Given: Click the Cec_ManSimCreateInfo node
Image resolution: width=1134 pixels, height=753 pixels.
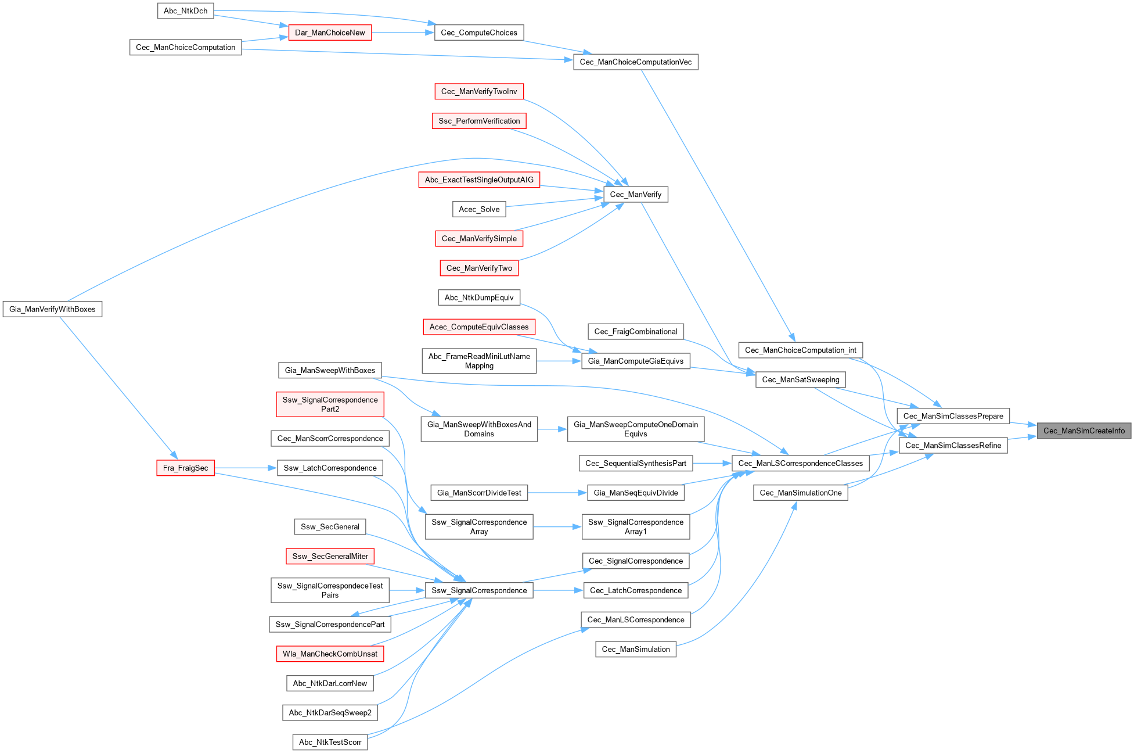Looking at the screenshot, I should (x=1083, y=431).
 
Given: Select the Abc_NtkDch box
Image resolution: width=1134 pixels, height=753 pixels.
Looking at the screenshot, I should (x=185, y=11).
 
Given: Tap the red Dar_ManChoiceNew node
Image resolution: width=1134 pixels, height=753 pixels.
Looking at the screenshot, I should (x=330, y=33).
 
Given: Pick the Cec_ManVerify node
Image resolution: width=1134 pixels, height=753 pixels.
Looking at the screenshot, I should (x=635, y=195).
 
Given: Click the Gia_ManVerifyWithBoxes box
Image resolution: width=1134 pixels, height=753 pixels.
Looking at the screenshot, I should (x=52, y=309).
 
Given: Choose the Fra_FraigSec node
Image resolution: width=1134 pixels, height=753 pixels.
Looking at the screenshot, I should (x=185, y=468).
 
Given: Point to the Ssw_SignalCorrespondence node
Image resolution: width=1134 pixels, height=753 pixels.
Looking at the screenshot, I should (x=479, y=590).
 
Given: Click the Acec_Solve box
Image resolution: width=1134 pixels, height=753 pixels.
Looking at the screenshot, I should (x=479, y=209).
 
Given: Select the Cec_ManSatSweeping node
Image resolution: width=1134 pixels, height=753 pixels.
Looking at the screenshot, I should (x=800, y=379).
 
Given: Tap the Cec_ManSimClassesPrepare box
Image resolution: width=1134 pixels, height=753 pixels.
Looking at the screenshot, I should (x=953, y=416).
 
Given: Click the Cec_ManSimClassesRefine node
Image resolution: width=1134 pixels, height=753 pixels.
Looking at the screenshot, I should (x=953, y=446).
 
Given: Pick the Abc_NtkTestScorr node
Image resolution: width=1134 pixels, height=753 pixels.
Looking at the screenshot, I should (x=330, y=742).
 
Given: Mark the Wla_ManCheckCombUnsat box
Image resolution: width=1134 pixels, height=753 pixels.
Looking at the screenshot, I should (x=330, y=654).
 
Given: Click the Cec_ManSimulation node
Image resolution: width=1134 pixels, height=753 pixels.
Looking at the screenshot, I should (x=635, y=649).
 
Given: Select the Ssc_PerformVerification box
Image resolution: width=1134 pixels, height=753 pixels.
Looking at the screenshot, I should (x=479, y=121).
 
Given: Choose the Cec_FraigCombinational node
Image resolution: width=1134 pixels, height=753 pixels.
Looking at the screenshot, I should (x=635, y=332).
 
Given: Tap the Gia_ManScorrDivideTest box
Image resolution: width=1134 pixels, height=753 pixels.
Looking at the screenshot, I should (x=479, y=493).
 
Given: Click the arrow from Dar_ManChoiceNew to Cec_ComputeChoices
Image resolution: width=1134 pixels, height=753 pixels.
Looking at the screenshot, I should (x=403, y=33).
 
